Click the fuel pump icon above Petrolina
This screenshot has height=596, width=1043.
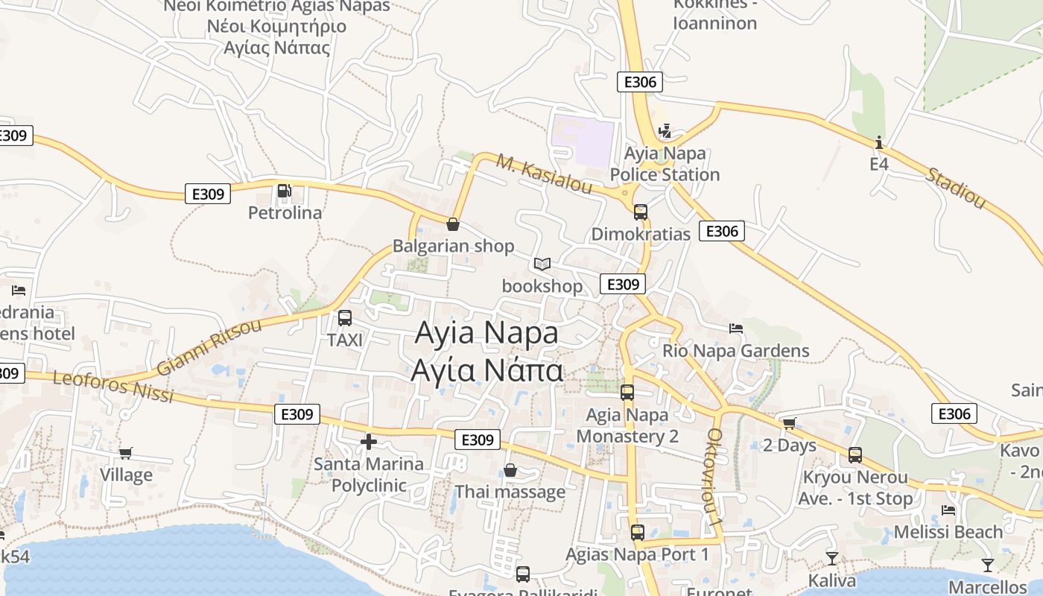pyautogui.click(x=284, y=191)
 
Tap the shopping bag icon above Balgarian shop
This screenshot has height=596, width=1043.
pyautogui.click(x=452, y=223)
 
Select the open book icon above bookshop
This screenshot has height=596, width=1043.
pyautogui.click(x=542, y=264)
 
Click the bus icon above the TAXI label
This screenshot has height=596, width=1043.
pyautogui.click(x=345, y=318)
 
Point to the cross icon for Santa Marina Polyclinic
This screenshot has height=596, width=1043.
pyautogui.click(x=368, y=442)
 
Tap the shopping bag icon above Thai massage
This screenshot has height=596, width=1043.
pyautogui.click(x=510, y=470)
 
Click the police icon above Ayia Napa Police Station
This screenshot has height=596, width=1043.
pyautogui.click(x=665, y=131)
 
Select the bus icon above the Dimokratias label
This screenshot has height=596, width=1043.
pyautogui.click(x=640, y=212)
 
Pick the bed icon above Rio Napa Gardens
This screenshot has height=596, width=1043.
pyautogui.click(x=736, y=328)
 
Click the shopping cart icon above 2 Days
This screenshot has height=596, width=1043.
pyautogui.click(x=789, y=423)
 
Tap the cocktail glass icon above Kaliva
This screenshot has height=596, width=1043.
pyautogui.click(x=832, y=558)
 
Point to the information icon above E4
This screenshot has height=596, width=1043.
pyautogui.click(x=879, y=142)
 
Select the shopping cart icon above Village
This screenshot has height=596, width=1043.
pyautogui.click(x=126, y=453)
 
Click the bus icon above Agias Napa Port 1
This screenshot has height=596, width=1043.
pyautogui.click(x=637, y=533)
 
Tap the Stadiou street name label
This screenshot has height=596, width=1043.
pyautogui.click(x=955, y=188)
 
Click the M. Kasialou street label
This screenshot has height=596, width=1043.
pyautogui.click(x=545, y=174)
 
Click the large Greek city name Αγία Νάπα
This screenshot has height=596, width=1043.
pyautogui.click(x=486, y=370)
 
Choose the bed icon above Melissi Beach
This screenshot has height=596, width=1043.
pyautogui.click(x=948, y=510)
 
